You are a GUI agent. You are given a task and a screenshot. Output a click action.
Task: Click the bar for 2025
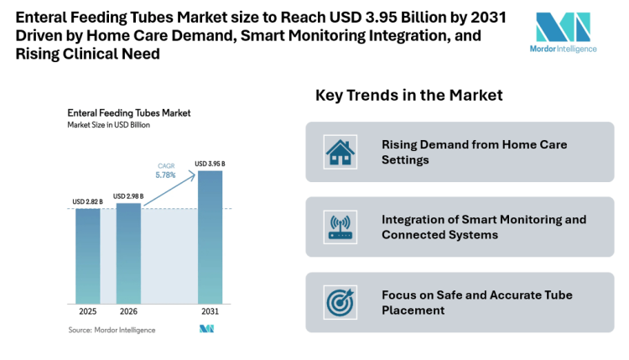coord(88,255)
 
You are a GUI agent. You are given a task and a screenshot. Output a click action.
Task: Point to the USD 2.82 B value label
coord(88,202)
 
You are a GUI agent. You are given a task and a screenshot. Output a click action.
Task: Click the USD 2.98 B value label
coord(128,196)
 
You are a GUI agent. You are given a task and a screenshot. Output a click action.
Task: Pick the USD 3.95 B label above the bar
coord(210,164)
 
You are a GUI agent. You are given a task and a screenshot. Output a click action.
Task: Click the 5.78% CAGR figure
coord(166,175)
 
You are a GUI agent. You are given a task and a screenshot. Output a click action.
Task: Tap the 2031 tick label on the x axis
coord(210,312)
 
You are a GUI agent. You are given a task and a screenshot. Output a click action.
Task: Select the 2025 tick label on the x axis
coord(88,312)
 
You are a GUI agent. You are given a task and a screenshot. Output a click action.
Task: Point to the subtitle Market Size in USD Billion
coord(109,124)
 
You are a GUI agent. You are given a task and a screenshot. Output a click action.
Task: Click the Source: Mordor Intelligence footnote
coord(112,330)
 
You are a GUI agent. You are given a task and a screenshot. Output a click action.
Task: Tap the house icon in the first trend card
coord(340,152)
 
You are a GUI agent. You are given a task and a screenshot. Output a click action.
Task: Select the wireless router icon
coord(340,227)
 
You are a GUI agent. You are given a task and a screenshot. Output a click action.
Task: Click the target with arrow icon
coord(340,302)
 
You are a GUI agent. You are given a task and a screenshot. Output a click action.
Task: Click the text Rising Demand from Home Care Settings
coord(474,152)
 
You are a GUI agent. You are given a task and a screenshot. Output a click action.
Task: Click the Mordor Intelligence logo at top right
coord(565,32)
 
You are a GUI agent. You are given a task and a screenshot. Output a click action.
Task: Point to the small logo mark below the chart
coord(206,329)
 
